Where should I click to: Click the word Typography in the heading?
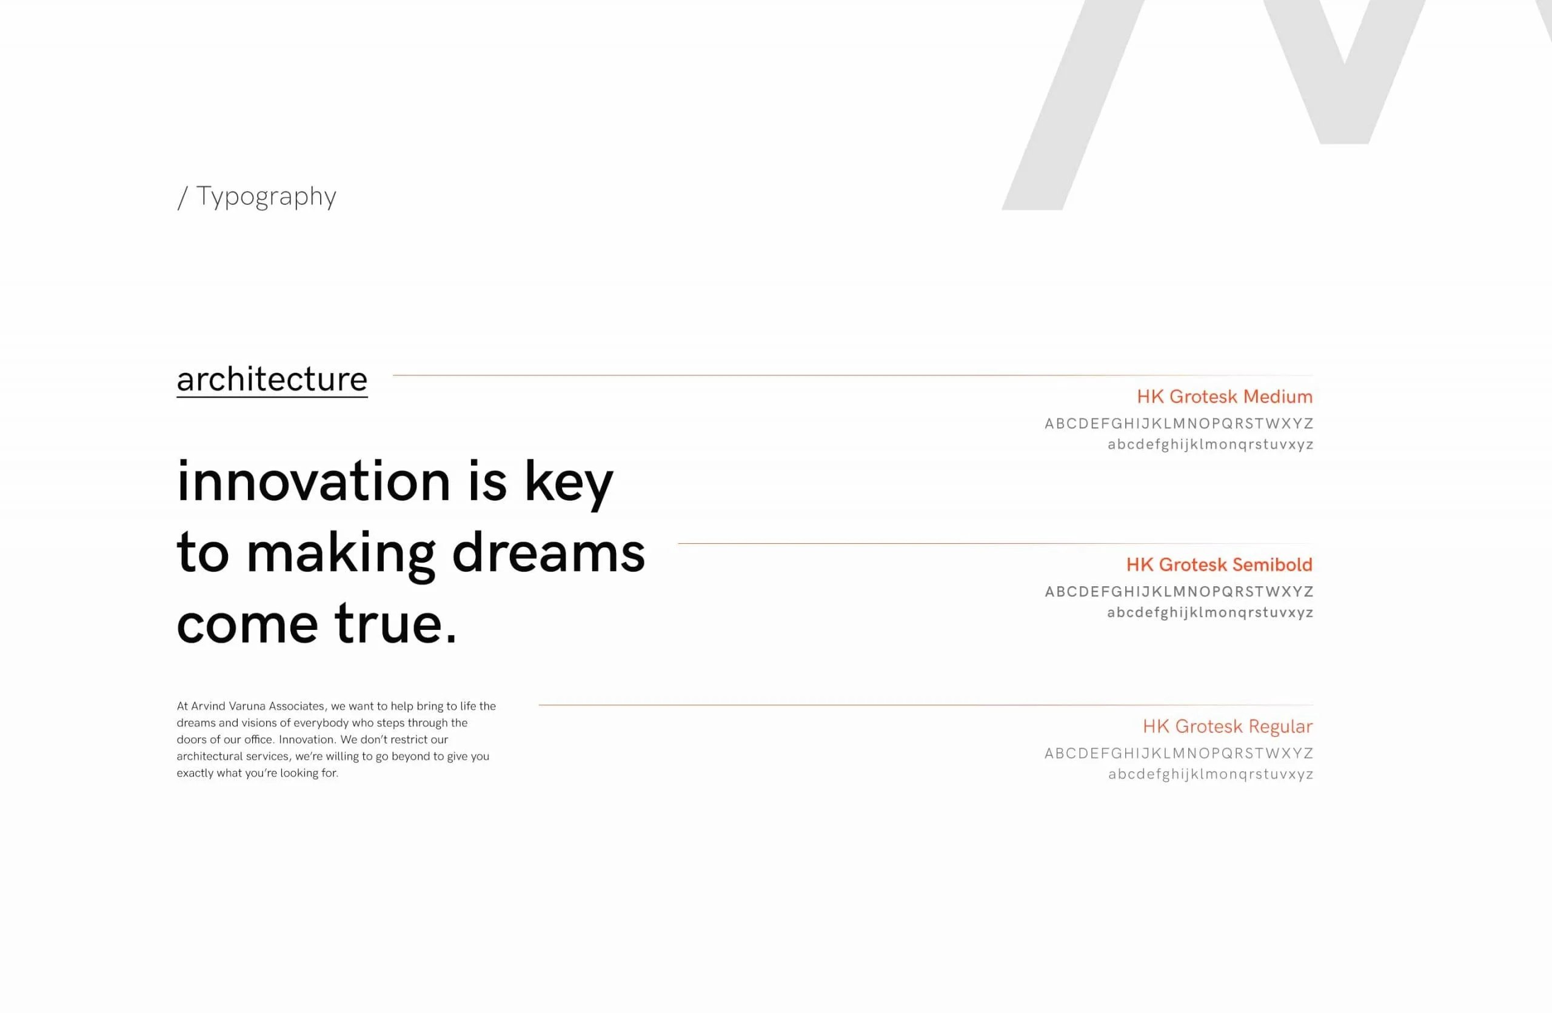pos(266,197)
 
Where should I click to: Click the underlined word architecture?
pos(272,380)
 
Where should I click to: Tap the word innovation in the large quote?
pos(313,482)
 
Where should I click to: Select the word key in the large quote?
pos(569,484)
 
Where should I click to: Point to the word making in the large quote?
pos(341,555)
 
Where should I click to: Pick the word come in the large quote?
pos(247,625)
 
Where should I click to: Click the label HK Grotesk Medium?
pos(1225,396)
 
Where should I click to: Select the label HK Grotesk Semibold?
pos(1219,564)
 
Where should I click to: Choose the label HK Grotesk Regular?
pos(1228,726)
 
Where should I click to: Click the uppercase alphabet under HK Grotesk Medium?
pos(1179,424)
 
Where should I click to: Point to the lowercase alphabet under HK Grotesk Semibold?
pos(1210,613)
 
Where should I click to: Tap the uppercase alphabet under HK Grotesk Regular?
pos(1179,754)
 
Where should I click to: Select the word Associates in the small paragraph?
pos(296,706)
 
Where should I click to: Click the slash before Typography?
pos(182,198)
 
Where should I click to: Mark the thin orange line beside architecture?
pos(853,375)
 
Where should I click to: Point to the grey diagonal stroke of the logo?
pos(1073,105)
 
